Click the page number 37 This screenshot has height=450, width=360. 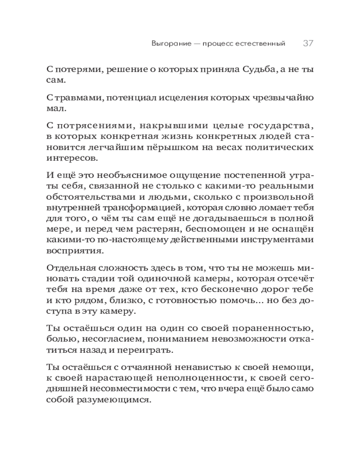(308, 44)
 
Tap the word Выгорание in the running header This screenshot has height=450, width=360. (167, 44)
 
